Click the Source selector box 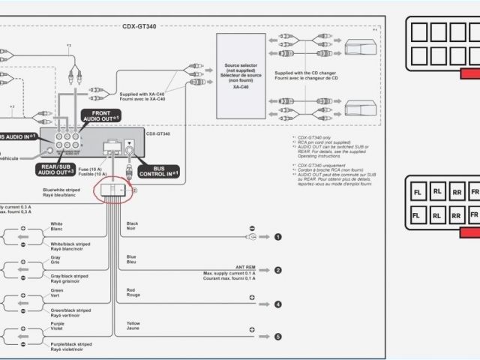(x=240, y=75)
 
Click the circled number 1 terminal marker (x=277, y=237)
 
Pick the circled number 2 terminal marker (x=277, y=270)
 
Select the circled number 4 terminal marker (x=277, y=304)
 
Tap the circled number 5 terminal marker (x=277, y=337)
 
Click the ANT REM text (x=244, y=267)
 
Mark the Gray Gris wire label (x=55, y=261)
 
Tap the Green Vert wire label (x=56, y=293)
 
